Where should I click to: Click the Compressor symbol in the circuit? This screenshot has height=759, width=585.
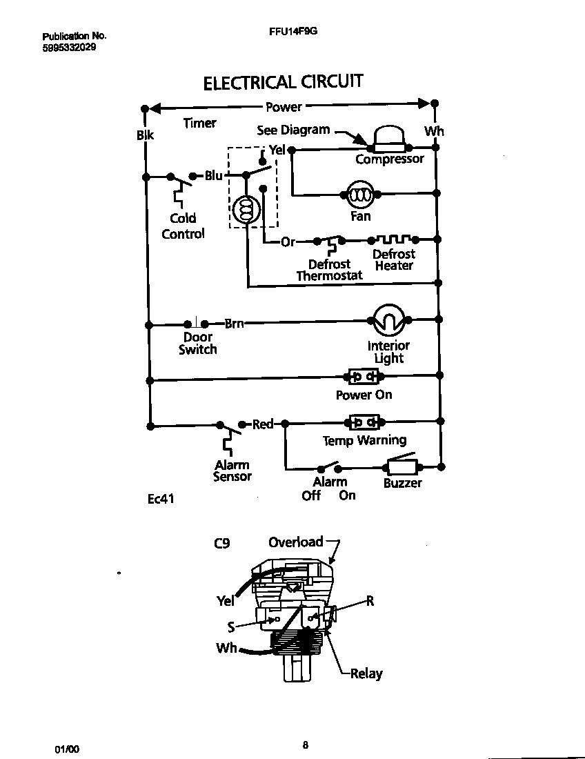tap(390, 141)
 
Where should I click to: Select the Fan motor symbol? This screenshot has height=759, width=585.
tap(359, 196)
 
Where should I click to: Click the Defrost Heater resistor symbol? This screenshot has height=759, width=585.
tap(395, 239)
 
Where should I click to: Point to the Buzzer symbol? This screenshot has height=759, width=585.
tap(402, 466)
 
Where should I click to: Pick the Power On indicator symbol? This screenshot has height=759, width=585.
tap(364, 377)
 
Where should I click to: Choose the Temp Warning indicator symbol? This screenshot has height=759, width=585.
tap(364, 422)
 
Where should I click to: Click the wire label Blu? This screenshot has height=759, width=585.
tap(214, 176)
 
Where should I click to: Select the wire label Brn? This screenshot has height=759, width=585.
tap(234, 323)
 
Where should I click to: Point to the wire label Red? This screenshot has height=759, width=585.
tap(263, 424)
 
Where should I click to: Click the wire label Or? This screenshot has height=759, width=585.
tap(288, 241)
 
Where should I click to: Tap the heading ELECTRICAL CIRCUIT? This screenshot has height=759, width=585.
tap(283, 82)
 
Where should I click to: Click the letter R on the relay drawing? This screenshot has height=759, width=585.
tap(370, 600)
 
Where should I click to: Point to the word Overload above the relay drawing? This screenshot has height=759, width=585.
tap(295, 542)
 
